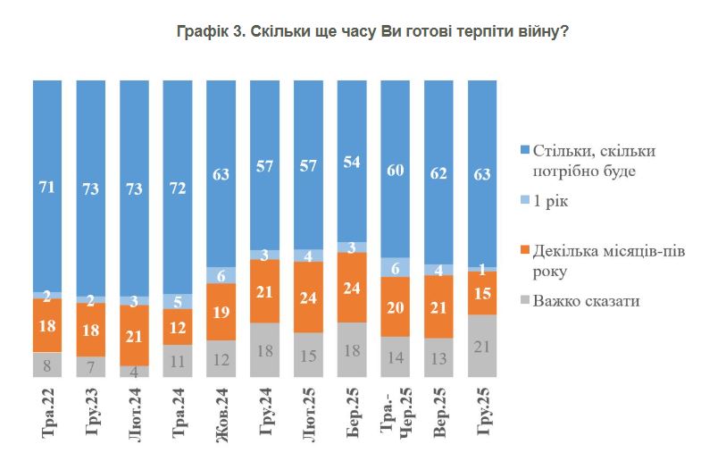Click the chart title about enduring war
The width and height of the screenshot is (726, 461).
click(373, 31)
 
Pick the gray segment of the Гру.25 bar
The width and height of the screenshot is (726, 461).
click(482, 345)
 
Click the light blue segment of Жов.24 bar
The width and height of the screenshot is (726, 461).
click(221, 275)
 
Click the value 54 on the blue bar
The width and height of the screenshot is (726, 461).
click(352, 163)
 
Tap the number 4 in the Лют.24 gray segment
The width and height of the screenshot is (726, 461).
click(134, 371)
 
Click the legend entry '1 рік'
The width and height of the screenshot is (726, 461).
click(551, 203)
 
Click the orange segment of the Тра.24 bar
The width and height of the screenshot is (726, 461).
click(178, 326)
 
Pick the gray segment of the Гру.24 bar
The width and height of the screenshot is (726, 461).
click(264, 350)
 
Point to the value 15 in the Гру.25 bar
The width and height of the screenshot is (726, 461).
click(482, 291)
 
